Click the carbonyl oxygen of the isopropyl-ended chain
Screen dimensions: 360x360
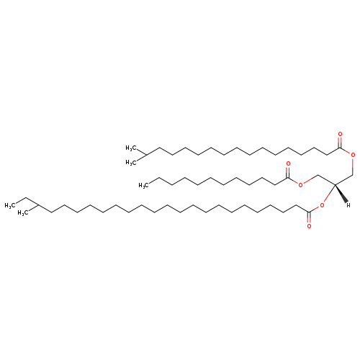coord(340,134)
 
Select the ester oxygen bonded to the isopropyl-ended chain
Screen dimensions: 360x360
coord(353,155)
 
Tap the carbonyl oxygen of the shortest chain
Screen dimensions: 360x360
coord(288,163)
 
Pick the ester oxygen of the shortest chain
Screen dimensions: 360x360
coord(300,185)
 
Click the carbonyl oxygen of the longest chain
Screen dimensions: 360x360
coord(309,226)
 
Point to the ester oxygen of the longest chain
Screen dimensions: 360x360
coord(322,205)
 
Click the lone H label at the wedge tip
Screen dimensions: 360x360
coord(348,205)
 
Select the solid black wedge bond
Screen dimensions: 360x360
coord(341,193)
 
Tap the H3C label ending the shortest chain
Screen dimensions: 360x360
coord(143,185)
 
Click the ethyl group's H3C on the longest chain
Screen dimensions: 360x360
coord(10,205)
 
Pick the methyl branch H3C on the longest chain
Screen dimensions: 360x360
coord(23,213)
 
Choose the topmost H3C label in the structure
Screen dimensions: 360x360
coord(131,148)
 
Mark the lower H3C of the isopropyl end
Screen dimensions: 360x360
coord(131,163)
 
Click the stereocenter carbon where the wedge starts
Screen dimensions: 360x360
coord(335,184)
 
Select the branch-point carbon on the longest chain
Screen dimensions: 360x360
coord(38,205)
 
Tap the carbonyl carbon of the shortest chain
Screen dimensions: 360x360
coord(288,178)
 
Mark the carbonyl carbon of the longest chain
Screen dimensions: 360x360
coord(309,212)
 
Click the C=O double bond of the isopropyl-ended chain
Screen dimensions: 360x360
coord(340,142)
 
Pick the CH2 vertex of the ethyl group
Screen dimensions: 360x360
coord(26,198)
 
